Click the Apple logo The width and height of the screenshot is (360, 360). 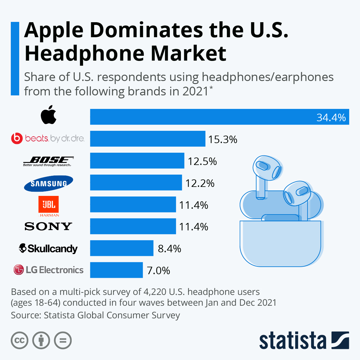click(x=49, y=115)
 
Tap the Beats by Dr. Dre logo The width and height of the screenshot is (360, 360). click(x=48, y=138)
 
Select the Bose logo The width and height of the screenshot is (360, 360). click(x=48, y=161)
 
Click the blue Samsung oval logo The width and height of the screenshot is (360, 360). click(x=49, y=183)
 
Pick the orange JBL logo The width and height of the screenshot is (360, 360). click(x=49, y=205)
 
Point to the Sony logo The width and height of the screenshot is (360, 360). click(x=48, y=226)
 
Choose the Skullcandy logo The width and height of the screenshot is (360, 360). click(x=48, y=248)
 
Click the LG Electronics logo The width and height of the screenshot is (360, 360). click(x=48, y=270)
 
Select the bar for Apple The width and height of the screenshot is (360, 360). click(x=219, y=117)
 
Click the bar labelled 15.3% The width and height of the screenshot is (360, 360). click(x=148, y=139)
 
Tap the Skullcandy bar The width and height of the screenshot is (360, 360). click(x=122, y=248)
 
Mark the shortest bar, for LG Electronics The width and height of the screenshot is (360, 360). click(x=116, y=270)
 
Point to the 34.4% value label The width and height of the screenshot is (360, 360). click(x=331, y=117)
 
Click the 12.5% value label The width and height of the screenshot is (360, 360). click(x=202, y=161)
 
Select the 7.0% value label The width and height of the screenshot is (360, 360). click(x=158, y=271)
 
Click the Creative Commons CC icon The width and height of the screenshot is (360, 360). click(x=19, y=340)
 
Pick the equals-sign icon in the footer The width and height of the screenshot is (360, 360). click(x=63, y=340)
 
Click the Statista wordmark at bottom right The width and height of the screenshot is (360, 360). click(x=292, y=341)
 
